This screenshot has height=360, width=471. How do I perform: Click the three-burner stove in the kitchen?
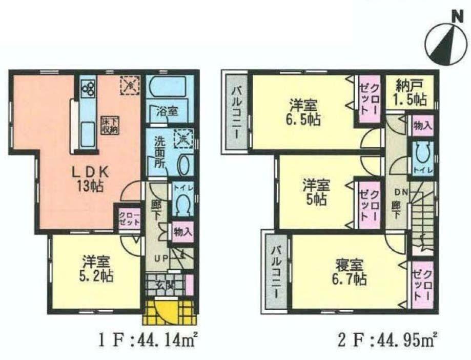(87, 88)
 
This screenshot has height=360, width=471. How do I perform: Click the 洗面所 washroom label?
(156, 152)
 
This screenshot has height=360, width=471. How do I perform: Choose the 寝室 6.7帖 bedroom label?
(351, 272)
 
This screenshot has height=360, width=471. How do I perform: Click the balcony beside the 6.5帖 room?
(237, 111)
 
